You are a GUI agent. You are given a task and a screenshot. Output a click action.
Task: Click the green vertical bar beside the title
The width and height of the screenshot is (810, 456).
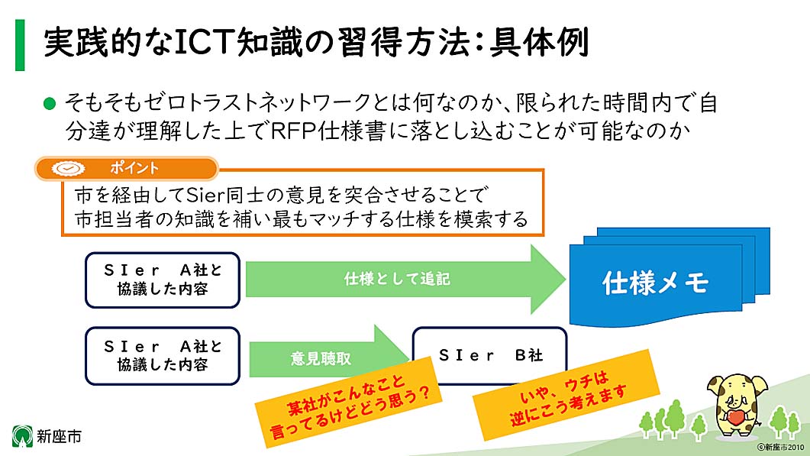(19, 46)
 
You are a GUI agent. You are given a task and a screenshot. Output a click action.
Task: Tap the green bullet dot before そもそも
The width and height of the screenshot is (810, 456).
(50, 102)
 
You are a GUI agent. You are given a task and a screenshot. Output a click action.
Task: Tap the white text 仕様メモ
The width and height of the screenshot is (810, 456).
(655, 284)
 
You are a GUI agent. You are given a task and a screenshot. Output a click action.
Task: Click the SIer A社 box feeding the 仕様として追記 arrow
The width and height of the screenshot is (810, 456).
(163, 280)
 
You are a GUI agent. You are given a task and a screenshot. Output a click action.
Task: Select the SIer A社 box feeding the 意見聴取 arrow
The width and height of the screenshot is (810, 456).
(163, 356)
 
